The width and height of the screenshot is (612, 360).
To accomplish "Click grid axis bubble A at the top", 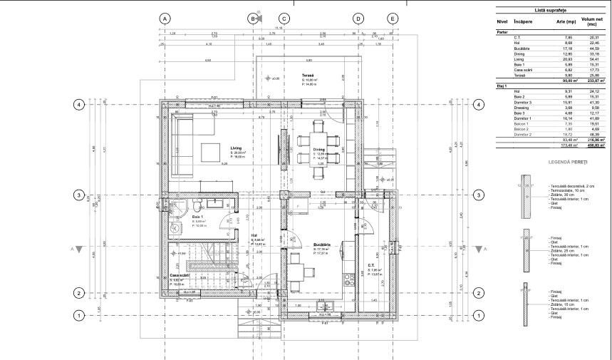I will click(x=165, y=19).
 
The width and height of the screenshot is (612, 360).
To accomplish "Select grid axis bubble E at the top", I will click(x=393, y=19).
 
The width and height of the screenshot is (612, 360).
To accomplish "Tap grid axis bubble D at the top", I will click(x=358, y=19).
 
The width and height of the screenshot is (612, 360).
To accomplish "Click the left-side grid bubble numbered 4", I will click(x=80, y=105).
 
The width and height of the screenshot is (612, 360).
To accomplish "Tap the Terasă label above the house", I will click(x=308, y=76).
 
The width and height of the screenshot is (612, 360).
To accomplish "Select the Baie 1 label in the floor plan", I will click(x=198, y=217).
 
